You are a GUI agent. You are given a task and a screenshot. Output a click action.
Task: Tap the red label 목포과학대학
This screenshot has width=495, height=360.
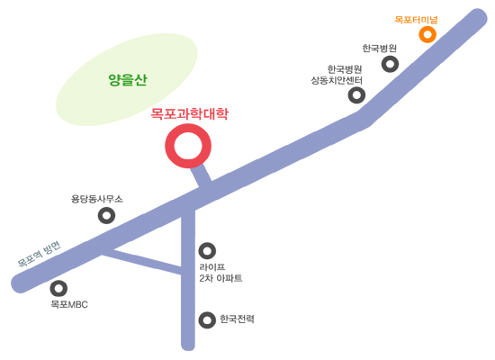[189, 114]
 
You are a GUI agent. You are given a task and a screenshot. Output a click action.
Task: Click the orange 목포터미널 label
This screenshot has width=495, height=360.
[416, 20]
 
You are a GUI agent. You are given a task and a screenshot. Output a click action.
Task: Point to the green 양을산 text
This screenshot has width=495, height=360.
[128, 80]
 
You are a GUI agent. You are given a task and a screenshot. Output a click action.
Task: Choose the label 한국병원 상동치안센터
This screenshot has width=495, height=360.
[337, 75]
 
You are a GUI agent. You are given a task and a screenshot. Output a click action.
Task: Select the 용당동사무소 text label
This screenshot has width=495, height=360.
[97, 199]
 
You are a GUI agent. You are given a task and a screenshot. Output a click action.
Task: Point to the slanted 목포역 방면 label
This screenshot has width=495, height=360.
[39, 255]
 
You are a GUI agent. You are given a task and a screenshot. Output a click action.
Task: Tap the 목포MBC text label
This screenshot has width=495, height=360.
[69, 304]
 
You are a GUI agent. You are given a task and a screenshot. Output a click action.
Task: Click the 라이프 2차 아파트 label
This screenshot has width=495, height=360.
[220, 273]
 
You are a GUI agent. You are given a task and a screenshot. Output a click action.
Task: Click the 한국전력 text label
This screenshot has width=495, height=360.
[237, 319]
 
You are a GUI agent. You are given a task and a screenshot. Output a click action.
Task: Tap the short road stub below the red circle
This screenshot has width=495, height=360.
[202, 176]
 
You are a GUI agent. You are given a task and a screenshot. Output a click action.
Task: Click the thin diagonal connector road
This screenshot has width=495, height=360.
[142, 260]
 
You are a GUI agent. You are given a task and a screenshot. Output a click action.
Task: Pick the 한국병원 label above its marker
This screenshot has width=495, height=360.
[380, 49]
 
